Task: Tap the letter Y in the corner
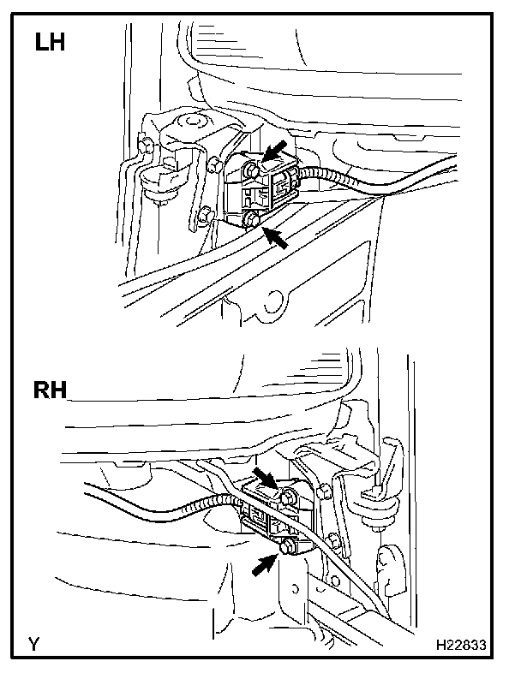click(x=33, y=645)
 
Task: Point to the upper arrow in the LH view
click(x=276, y=152)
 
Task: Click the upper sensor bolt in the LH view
click(x=252, y=170)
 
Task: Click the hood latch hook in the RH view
click(x=375, y=492)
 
